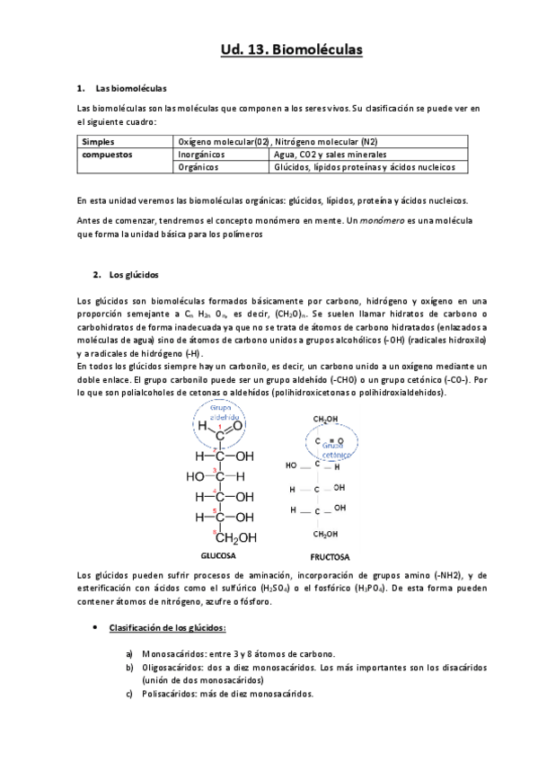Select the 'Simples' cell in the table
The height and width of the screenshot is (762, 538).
point(98,142)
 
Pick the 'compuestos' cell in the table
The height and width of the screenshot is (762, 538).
point(107,155)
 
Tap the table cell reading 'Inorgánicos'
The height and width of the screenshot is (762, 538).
point(201,155)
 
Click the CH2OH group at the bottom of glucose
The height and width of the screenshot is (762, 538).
point(235,538)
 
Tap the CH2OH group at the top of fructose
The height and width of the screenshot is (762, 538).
point(324,420)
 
